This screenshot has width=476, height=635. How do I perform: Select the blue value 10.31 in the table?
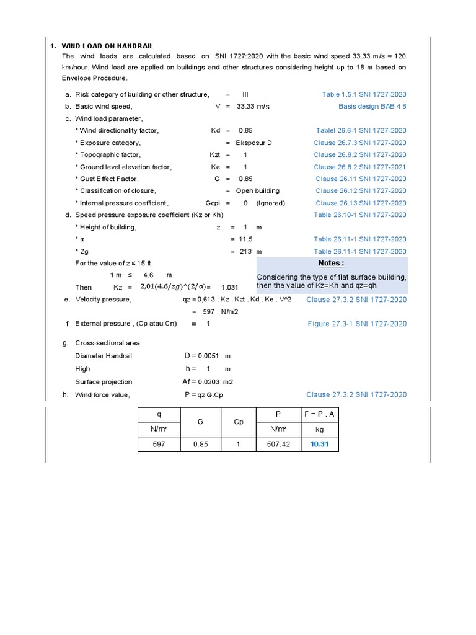click(320, 445)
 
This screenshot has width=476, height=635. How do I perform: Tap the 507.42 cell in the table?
click(278, 445)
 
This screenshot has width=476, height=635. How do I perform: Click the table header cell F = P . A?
click(320, 414)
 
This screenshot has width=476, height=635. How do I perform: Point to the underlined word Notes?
click(331, 263)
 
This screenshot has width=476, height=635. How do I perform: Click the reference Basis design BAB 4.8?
click(372, 106)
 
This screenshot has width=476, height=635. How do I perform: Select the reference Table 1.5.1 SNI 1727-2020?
click(364, 94)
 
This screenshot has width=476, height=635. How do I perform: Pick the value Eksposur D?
click(253, 143)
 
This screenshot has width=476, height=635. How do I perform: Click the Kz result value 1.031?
click(229, 288)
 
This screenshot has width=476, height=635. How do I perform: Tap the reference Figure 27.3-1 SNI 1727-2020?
click(357, 324)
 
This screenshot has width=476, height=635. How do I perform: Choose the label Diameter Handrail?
click(104, 356)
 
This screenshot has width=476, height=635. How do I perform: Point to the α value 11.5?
click(245, 239)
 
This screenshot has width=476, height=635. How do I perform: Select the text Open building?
click(257, 191)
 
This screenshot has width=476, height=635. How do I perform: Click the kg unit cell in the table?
click(320, 429)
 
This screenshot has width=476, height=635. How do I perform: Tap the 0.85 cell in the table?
click(200, 445)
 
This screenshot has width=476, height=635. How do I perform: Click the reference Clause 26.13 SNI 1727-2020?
click(361, 203)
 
